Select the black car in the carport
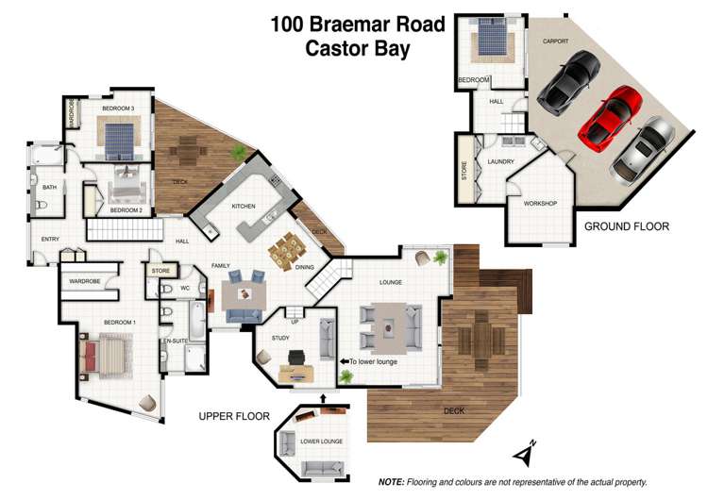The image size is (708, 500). point(567,79)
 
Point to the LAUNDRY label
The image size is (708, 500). point(500,161)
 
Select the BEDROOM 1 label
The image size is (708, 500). point(120,322)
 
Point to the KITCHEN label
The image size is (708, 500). point(244,206)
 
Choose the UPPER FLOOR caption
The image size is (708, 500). point(234,416)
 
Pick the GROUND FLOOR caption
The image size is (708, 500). point(626,226)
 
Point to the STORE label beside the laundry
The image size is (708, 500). point(464,170)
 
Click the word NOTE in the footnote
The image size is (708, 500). point(392,482)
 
